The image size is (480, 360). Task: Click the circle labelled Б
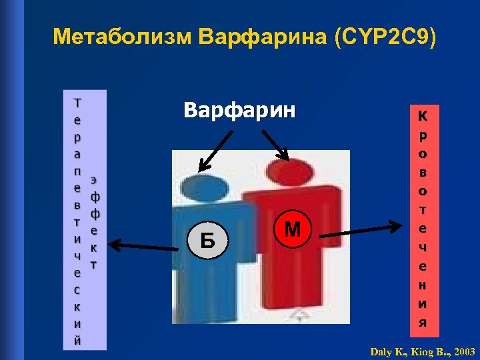coord(208,239)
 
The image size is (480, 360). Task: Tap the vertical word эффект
coord(94,222)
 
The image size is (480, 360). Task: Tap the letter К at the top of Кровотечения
coord(422,115)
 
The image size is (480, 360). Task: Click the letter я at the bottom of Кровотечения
coord(422,323)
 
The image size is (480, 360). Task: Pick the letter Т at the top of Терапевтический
coord(77,103)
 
